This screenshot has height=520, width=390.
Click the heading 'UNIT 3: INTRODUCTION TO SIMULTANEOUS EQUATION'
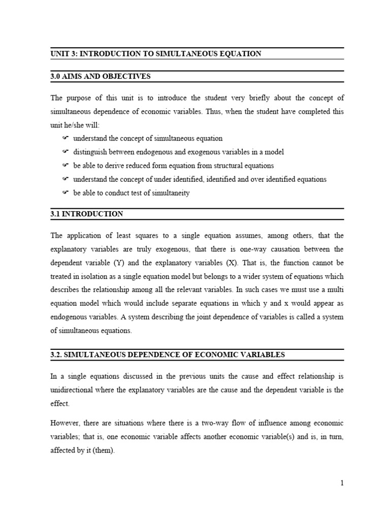tap(156, 53)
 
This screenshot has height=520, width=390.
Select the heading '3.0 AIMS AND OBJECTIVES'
tap(101, 77)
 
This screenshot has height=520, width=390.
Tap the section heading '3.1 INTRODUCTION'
tap(87, 214)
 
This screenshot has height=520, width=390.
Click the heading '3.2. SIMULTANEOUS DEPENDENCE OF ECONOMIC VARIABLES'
tap(168, 354)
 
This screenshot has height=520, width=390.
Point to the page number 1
tap(342, 483)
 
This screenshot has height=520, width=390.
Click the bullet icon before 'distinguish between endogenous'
tap(65, 152)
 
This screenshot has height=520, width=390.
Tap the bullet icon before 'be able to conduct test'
tap(65, 193)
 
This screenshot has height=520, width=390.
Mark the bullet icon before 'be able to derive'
tap(65, 166)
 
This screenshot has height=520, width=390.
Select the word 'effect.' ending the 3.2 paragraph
tap(60, 404)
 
